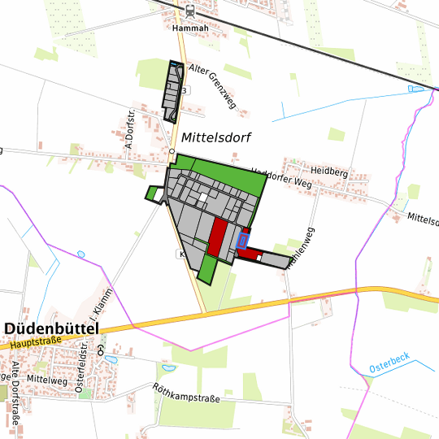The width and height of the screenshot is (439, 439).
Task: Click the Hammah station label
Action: pos(191,28)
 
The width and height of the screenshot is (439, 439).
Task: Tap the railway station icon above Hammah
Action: pos(190,11)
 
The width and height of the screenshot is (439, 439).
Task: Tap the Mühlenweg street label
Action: pos(304,246)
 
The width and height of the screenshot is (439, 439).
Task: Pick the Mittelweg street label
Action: pos(46,379)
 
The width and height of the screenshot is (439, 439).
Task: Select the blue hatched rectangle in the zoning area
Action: pos(241,240)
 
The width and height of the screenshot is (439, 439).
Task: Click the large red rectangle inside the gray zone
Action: pos(217,237)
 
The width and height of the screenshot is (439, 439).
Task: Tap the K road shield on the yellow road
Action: pos(182,254)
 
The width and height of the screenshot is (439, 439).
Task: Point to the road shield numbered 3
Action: pos(185,90)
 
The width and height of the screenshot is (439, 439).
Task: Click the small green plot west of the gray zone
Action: pos(151,194)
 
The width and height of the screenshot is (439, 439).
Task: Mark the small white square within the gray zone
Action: pos(203,196)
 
